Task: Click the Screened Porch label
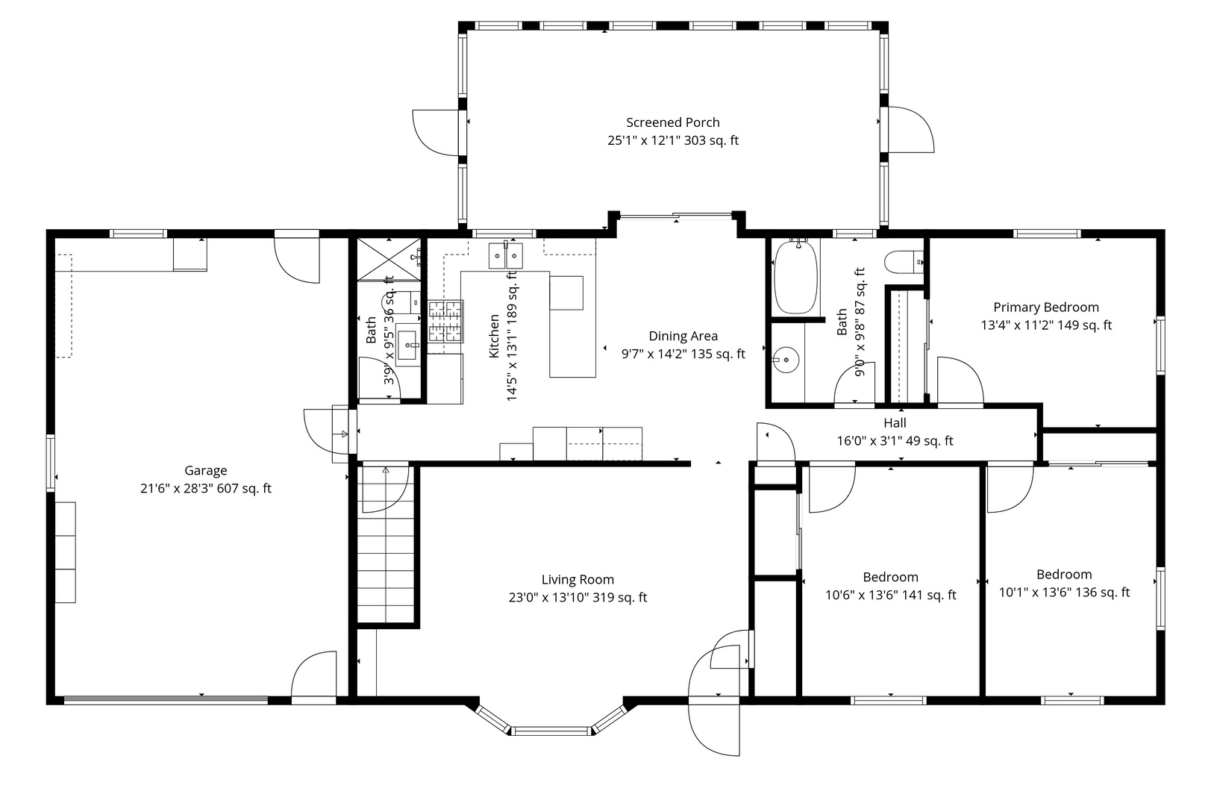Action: coord(672,122)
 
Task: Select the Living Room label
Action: coord(578,580)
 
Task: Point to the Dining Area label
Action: coord(683,336)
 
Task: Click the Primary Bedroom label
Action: coord(1045,307)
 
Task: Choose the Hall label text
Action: coord(895,423)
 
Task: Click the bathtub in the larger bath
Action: coord(795,278)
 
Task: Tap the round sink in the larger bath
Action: coord(784,361)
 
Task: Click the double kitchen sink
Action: coord(506,256)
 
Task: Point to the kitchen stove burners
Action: coord(445,322)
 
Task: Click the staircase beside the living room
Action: coord(386,552)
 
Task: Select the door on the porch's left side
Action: coord(437,133)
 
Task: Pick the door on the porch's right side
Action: coord(909,130)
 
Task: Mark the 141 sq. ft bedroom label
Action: coord(890,578)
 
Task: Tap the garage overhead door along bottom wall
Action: coord(166,699)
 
